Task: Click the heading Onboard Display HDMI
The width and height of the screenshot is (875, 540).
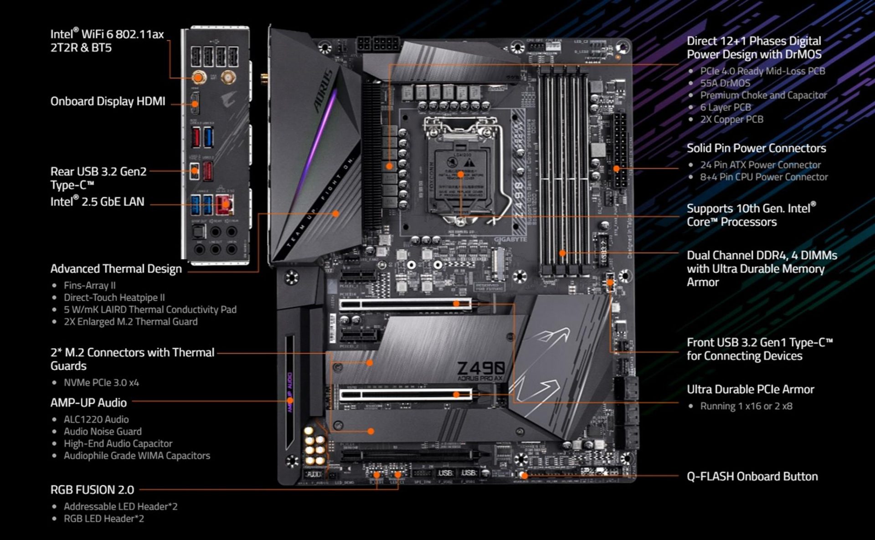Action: point(108,101)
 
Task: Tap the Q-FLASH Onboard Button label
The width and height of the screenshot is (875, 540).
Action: point(752,477)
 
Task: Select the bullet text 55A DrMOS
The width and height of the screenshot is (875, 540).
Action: point(725,83)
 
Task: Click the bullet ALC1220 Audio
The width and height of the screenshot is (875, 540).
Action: point(96,419)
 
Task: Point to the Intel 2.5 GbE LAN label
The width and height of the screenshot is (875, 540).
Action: point(97,201)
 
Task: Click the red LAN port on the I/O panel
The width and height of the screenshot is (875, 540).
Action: point(224,205)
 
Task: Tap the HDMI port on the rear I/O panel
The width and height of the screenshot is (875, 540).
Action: point(195,103)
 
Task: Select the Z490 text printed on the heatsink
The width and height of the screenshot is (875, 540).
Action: point(480,368)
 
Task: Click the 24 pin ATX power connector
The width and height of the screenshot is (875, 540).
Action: point(619,150)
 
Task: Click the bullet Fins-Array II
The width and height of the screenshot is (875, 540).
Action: point(89,285)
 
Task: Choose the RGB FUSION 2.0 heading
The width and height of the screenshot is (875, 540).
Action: point(92,490)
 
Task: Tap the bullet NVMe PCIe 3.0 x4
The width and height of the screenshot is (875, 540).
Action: point(101,382)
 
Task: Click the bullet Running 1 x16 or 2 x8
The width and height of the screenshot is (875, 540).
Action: point(746,406)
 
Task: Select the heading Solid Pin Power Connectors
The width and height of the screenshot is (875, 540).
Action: point(756,148)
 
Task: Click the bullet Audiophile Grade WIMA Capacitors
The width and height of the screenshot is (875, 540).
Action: point(137,456)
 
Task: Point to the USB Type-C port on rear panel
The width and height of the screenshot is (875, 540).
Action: point(195,171)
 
